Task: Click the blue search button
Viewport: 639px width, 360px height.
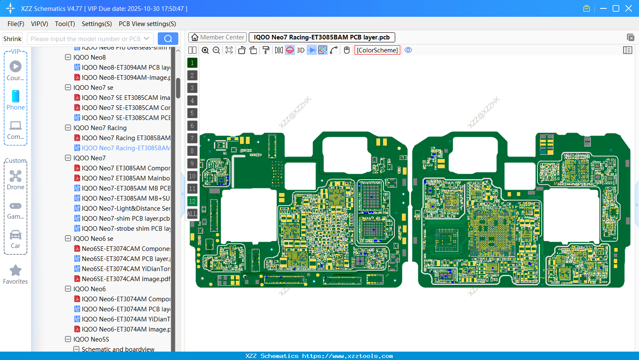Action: tap(168, 39)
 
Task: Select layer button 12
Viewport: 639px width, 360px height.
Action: tap(192, 201)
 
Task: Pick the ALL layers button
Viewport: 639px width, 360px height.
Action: tap(192, 214)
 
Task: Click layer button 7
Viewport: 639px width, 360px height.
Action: tap(192, 138)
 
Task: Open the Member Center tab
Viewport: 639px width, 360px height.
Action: tap(217, 37)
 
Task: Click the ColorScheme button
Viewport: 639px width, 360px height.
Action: tap(377, 50)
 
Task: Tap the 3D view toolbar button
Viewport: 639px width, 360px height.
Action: tap(300, 50)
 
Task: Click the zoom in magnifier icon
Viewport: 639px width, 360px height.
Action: tap(205, 50)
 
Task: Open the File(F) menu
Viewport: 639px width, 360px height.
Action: tap(16, 24)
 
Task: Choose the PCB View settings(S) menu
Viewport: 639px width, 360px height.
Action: tap(147, 24)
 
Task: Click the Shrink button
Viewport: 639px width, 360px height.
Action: tap(13, 39)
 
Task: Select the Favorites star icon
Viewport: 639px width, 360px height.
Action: tap(16, 271)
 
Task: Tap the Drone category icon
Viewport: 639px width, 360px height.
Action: tap(16, 176)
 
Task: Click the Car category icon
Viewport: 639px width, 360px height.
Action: tap(16, 235)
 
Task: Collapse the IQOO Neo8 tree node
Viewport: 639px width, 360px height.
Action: tap(68, 57)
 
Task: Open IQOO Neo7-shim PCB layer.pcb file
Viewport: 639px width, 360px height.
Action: tap(125, 219)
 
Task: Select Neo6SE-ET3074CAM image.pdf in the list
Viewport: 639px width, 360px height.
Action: tap(126, 279)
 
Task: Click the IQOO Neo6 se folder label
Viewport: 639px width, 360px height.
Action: tap(93, 239)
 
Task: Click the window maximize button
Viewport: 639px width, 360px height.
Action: tap(616, 8)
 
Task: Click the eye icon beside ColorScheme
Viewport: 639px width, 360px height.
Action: tap(408, 50)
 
